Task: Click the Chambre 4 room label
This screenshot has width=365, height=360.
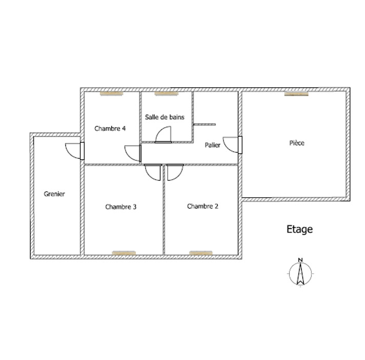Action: (110, 129)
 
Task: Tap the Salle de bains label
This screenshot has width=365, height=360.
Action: (165, 117)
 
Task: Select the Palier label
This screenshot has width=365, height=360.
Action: (212, 145)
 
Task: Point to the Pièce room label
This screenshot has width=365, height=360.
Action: (297, 143)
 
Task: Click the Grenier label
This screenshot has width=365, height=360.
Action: (54, 194)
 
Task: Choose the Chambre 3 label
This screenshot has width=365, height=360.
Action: (121, 207)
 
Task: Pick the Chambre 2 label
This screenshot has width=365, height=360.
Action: (202, 206)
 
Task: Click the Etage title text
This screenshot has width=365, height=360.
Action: (299, 229)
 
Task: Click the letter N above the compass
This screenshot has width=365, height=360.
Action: (300, 260)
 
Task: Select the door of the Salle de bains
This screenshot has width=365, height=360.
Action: (164, 134)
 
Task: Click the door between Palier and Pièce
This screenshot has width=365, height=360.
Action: (233, 145)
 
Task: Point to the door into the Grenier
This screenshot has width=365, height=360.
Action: (75, 151)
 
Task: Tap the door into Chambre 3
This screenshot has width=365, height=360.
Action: (153, 172)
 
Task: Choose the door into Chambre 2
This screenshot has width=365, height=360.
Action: (175, 172)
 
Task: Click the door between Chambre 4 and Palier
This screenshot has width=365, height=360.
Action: (133, 153)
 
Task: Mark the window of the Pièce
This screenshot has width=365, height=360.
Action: (296, 94)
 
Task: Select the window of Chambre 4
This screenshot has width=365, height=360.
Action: (112, 93)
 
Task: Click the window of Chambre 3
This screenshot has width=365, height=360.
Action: (124, 253)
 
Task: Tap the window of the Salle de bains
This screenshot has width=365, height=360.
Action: (167, 93)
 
